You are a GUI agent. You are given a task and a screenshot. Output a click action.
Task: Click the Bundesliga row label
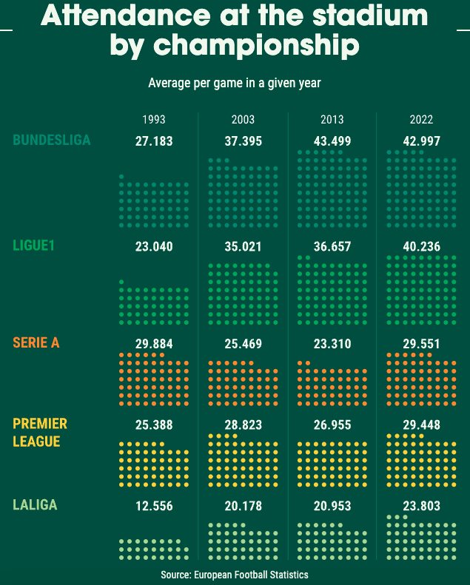click(52, 140)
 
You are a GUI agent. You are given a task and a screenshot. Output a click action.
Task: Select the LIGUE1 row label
click(34, 246)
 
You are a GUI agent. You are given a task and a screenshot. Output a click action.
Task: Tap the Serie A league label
click(36, 342)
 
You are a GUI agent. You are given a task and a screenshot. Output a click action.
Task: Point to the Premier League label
click(40, 433)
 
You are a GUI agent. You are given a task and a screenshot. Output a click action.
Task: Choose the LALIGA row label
click(35, 505)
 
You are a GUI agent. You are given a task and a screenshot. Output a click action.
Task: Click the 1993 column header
click(154, 119)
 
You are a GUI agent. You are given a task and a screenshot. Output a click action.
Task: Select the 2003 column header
click(243, 119)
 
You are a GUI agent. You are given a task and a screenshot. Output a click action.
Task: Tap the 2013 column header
click(332, 119)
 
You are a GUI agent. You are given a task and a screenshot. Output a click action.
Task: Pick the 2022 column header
click(421, 119)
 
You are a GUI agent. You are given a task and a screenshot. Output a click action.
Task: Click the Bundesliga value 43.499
click(332, 141)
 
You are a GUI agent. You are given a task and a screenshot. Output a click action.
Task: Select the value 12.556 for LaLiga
click(154, 507)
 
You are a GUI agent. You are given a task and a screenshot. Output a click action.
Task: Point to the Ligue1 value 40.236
click(421, 247)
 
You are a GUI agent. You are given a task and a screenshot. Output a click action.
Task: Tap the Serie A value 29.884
click(154, 344)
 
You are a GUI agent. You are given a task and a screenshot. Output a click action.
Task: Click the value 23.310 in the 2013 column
click(332, 344)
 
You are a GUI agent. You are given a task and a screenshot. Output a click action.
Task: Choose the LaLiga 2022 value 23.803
click(421, 507)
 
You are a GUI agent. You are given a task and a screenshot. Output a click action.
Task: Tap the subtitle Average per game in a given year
click(235, 83)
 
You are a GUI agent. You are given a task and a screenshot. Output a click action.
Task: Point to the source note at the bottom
click(235, 575)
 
